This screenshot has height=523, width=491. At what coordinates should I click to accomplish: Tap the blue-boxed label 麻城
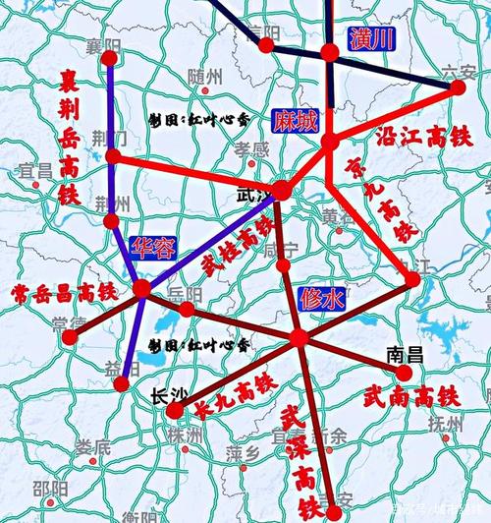tap(296, 121)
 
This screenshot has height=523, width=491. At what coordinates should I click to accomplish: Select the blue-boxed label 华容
tap(153, 247)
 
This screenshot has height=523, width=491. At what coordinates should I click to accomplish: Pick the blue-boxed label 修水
tap(323, 299)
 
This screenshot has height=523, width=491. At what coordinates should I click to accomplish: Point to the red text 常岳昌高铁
tap(64, 292)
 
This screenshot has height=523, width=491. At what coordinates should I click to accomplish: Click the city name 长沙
tap(168, 397)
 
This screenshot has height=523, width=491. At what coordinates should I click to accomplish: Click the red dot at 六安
tap(458, 87)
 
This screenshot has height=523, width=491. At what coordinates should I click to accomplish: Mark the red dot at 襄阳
tap(109, 59)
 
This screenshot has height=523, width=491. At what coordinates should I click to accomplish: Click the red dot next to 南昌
tap(406, 373)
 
